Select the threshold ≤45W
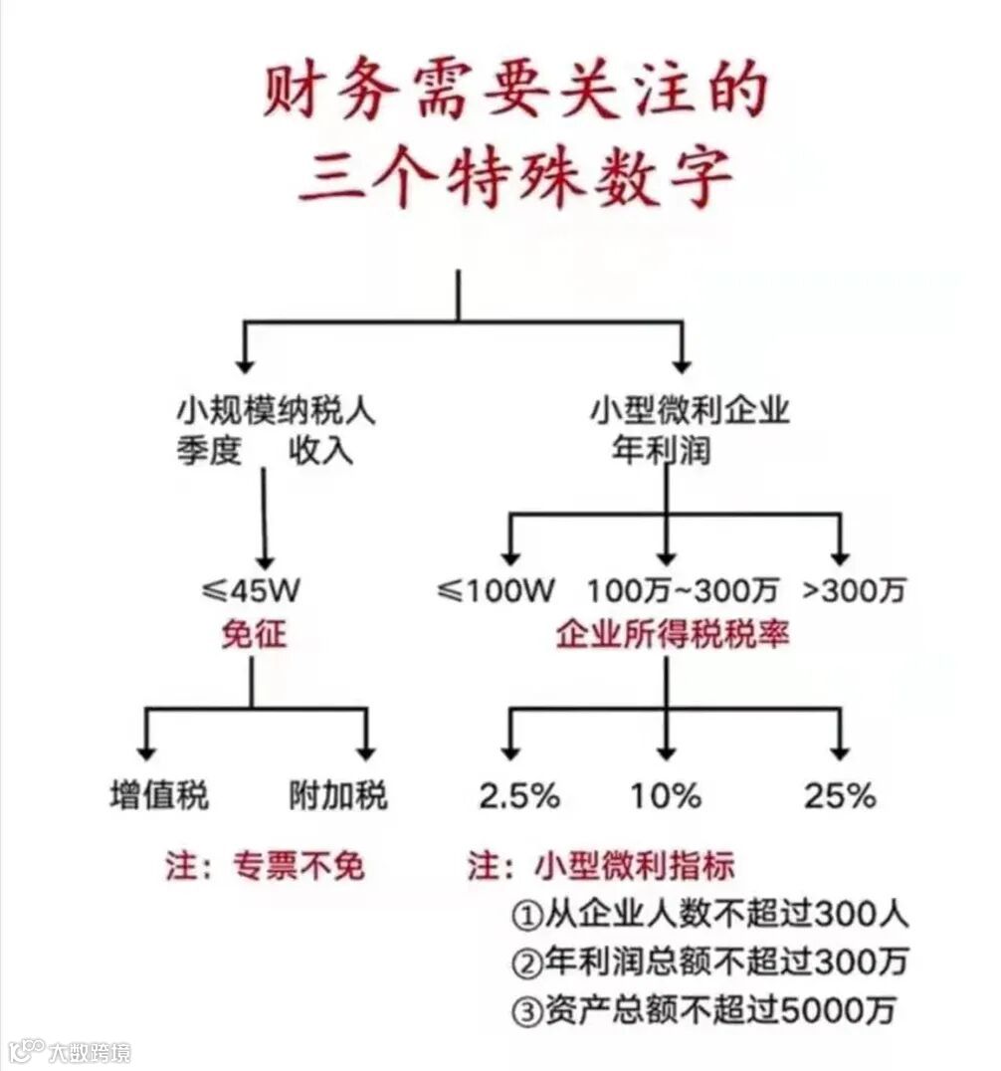(x=251, y=590)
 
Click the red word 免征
(x=254, y=632)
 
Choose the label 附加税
(x=338, y=796)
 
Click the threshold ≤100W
(x=495, y=590)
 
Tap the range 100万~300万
(x=682, y=590)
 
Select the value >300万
(x=854, y=590)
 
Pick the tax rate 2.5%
(x=519, y=796)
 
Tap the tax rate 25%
(x=841, y=796)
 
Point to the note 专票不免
(x=299, y=866)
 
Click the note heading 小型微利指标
(x=635, y=866)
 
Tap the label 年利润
(x=661, y=451)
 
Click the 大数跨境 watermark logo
(x=70, y=1051)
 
